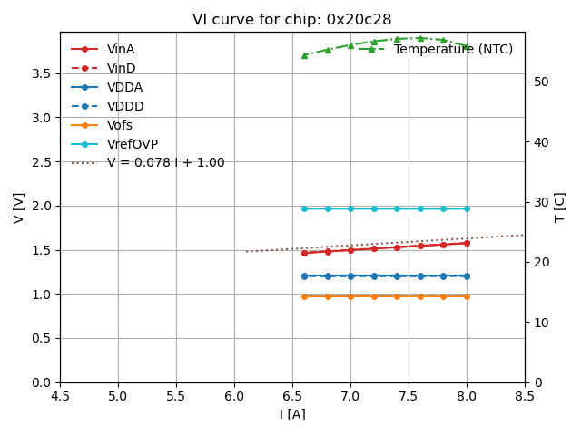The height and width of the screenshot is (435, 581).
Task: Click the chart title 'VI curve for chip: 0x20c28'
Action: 291,20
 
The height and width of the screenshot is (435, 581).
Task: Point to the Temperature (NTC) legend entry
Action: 453,49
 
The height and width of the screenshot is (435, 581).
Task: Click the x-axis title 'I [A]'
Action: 291,414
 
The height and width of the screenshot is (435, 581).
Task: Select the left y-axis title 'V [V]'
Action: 19,208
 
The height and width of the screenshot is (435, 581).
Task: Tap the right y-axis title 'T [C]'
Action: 560,208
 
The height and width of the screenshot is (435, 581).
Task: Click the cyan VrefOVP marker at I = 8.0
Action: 467,208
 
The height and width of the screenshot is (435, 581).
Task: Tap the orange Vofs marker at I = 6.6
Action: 304,296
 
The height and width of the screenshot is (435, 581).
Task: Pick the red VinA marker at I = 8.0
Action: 467,243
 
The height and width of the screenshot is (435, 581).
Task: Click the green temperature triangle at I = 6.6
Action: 304,55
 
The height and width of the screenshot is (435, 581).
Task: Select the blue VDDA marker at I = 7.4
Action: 397,275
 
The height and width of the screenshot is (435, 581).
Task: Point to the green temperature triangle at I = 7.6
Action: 420,38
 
